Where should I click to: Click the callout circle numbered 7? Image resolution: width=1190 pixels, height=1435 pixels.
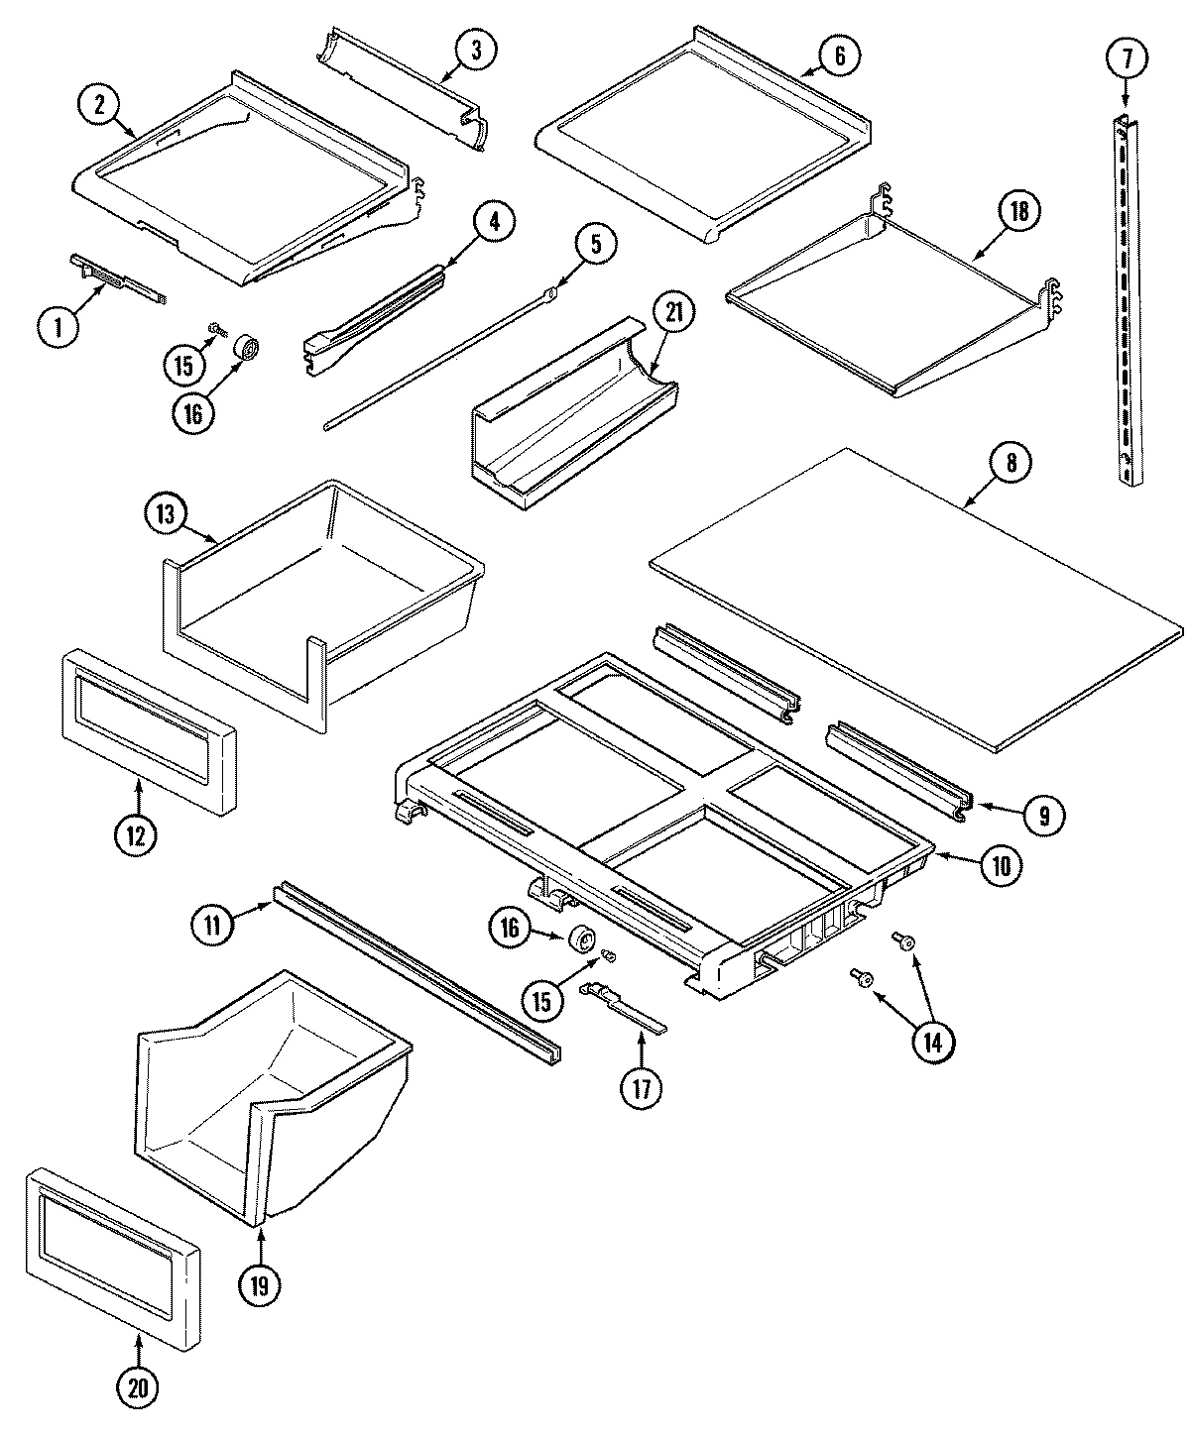pos(1126,58)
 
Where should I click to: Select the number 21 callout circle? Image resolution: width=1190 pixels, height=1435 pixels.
pos(673,313)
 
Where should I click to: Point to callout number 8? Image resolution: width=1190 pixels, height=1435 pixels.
pos(1011,464)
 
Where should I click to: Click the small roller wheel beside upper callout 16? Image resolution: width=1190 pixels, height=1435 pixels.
pos(245,349)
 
